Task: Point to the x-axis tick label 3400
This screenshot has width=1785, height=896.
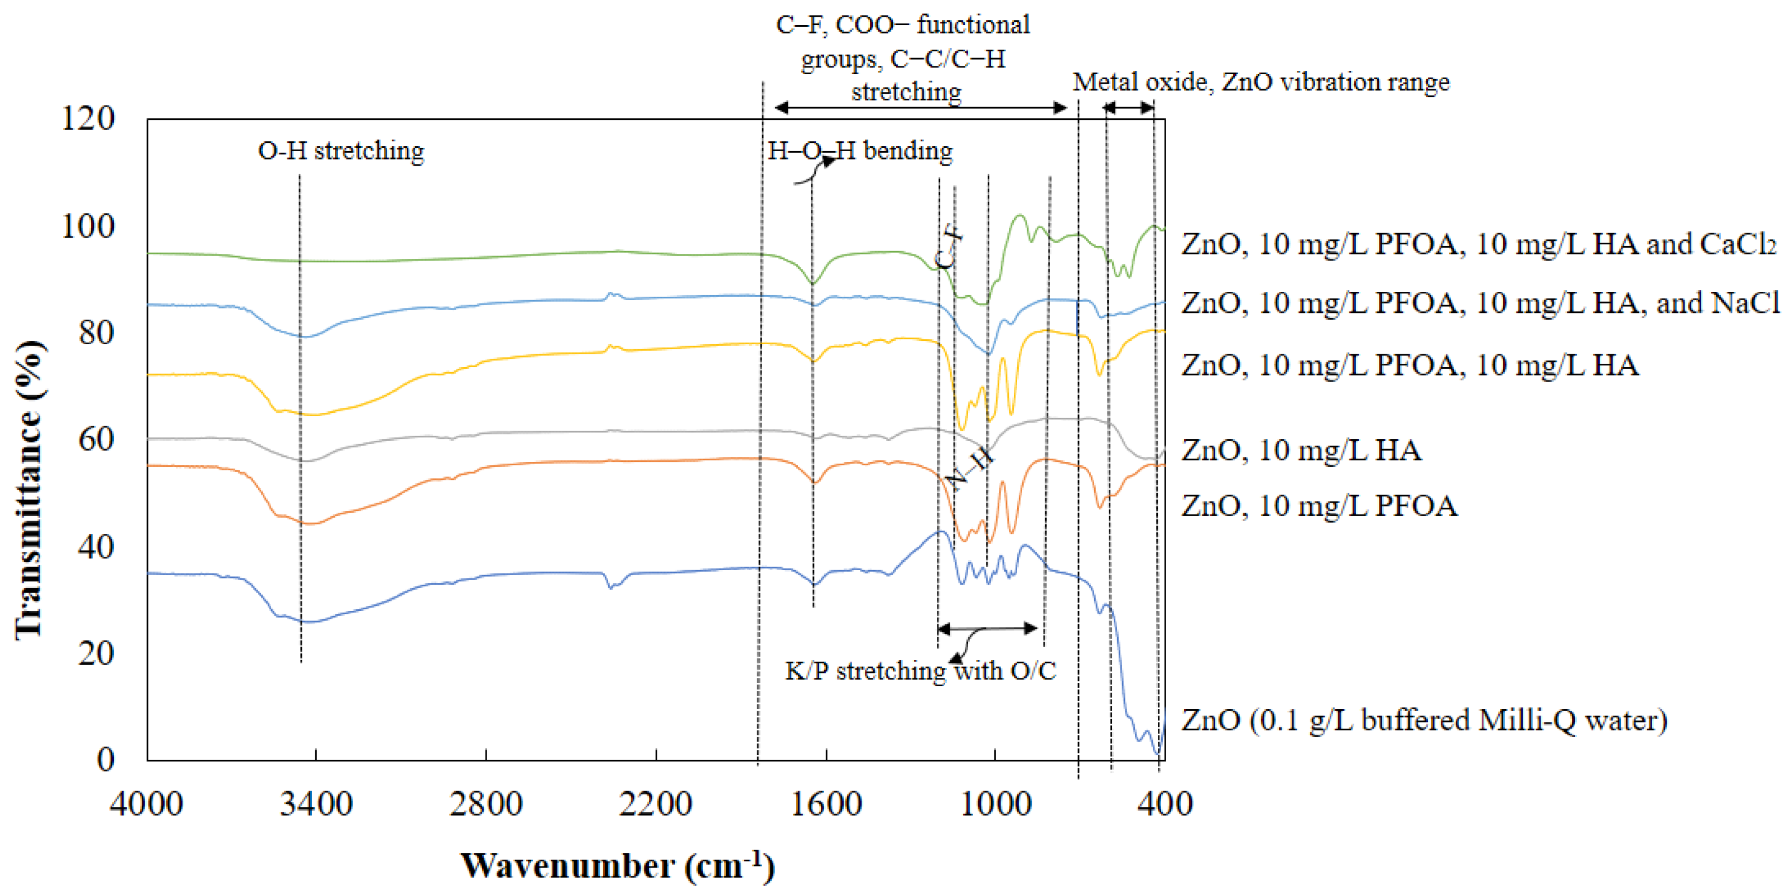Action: click(x=316, y=804)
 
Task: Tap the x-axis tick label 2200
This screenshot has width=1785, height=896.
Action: click(x=655, y=804)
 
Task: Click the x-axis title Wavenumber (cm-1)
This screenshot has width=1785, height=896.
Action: click(x=617, y=865)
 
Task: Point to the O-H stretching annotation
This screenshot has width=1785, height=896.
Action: click(x=341, y=151)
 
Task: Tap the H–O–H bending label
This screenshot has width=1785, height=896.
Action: click(x=860, y=151)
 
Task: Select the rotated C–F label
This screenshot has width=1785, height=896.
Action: click(x=949, y=247)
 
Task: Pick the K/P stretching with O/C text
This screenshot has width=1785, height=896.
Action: click(x=920, y=670)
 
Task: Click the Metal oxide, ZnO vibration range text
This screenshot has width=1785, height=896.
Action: click(x=1260, y=82)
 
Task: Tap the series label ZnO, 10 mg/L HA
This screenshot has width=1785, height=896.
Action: click(x=1301, y=450)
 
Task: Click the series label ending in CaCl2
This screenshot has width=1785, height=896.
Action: click(x=1479, y=244)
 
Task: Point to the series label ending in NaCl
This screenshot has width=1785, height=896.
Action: click(x=1480, y=303)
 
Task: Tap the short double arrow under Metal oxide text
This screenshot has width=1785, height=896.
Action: click(x=1128, y=108)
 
